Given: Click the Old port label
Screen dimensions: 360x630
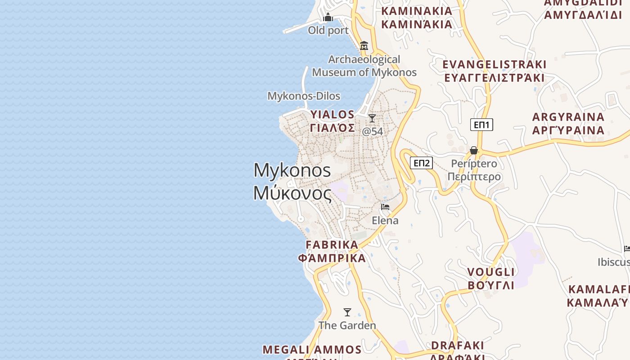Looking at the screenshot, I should point(328,31).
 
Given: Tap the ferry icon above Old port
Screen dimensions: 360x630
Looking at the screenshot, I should point(328,18).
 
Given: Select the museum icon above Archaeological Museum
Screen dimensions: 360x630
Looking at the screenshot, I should point(364,46).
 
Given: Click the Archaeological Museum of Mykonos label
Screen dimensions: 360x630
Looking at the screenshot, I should point(364,66).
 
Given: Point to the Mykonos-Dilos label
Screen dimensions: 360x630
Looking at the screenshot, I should point(304,96).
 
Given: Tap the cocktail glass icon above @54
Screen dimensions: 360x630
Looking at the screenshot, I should point(372,118).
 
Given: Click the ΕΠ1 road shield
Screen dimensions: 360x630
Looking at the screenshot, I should point(481,125).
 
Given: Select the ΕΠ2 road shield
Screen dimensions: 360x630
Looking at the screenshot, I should point(421,163).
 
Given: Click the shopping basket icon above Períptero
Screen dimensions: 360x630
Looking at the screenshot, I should point(474,150).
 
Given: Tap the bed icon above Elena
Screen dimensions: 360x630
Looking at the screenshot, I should point(385,207).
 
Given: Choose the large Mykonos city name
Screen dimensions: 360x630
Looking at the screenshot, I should point(292,181).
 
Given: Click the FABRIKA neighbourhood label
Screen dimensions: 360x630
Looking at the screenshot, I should point(332,251).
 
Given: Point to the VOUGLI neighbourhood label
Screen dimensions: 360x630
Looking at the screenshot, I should point(491,279).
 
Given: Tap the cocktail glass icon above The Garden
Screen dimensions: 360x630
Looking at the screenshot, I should point(347,312).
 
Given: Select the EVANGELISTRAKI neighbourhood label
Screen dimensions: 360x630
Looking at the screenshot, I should point(494,71).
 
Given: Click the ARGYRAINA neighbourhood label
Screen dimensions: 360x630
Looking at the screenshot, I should point(568,123).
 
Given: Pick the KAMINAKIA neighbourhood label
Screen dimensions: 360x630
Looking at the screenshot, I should point(417,17).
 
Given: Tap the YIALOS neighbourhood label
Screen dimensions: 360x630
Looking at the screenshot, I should point(333,121).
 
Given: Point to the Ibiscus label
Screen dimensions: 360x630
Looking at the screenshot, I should point(614,262).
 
